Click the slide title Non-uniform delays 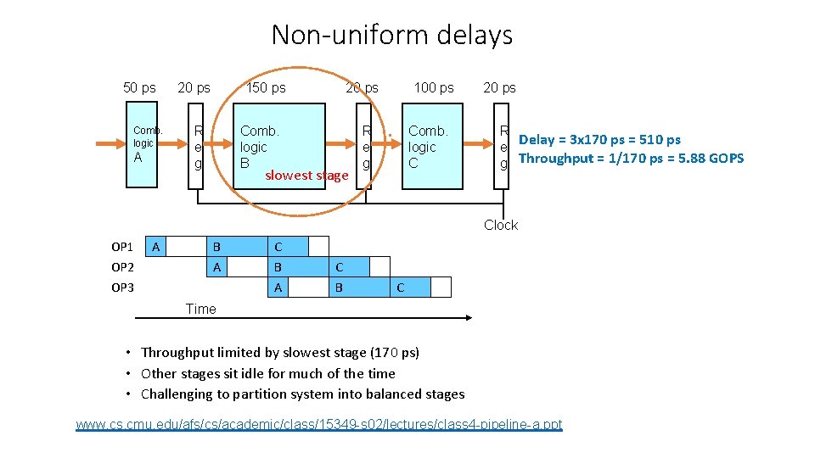coord(392,36)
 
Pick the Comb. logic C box coord(433,146)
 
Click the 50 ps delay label coord(139,87)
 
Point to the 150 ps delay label coord(266,87)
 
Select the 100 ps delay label coord(434,87)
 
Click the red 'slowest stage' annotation coord(306,176)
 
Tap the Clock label coord(501,225)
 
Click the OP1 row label coord(122,247)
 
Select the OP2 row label coord(122,267)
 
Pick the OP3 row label coord(122,288)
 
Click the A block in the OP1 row coord(156,247)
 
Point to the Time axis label coord(201,309)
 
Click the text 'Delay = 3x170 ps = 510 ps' coord(599,140)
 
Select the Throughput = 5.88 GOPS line coord(631,159)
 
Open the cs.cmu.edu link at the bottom coord(318,424)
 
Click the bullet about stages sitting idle coord(267,373)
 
